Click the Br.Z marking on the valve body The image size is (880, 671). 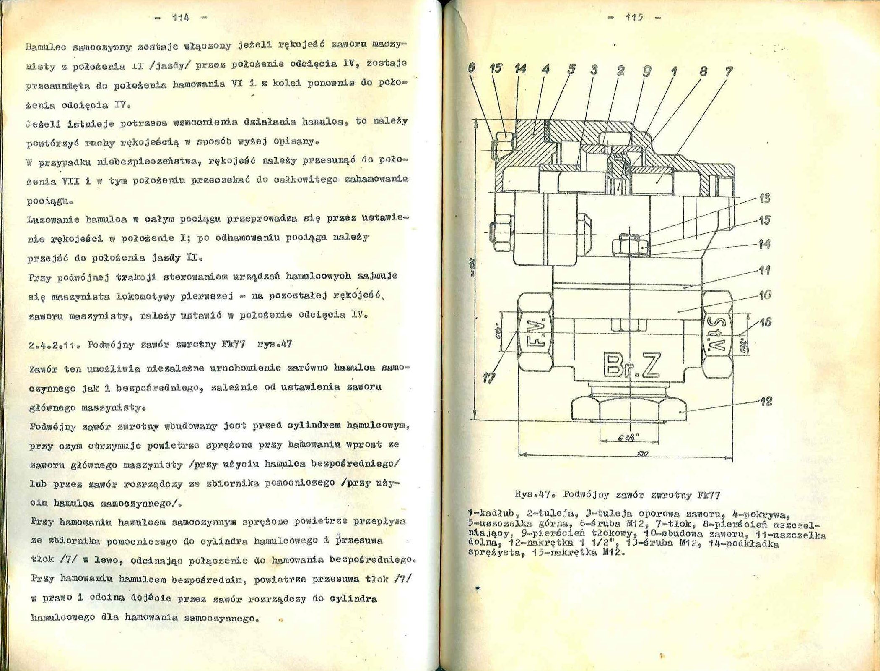click(x=633, y=365)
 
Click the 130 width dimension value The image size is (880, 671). click(x=642, y=454)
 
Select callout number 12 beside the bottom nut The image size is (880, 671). click(x=766, y=402)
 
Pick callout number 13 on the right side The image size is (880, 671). click(x=764, y=198)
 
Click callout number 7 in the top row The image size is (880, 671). click(x=729, y=71)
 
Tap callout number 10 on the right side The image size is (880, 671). click(x=765, y=295)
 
